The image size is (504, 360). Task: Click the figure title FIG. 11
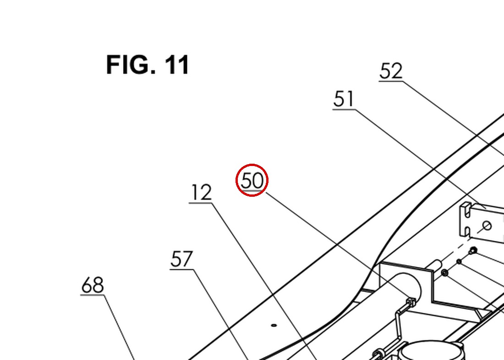point(148,65)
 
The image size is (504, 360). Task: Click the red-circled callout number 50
point(252,181)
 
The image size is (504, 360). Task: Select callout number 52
point(391,71)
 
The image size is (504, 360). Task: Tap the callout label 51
point(344,99)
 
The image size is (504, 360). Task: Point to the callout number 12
point(201,193)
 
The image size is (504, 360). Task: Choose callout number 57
point(181,259)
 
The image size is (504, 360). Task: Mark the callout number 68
point(93,285)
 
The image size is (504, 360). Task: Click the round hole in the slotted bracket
point(487,226)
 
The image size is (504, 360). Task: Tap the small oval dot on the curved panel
point(274,325)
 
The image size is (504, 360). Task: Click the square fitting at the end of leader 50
point(411,302)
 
